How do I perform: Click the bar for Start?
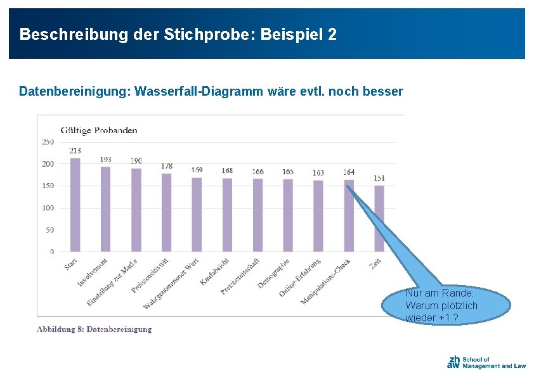click(x=75, y=205)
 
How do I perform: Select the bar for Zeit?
click(x=379, y=219)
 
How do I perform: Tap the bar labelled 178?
click(x=167, y=213)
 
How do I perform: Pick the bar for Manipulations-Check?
click(x=349, y=215)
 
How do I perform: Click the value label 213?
click(x=75, y=151)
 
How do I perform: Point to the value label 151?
click(x=379, y=178)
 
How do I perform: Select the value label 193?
click(x=105, y=160)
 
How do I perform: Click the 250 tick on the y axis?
click(x=48, y=142)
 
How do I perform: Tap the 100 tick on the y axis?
click(x=48, y=208)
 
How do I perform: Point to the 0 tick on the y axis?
click(x=52, y=252)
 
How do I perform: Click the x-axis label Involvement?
click(x=93, y=272)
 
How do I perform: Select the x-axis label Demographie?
click(x=273, y=273)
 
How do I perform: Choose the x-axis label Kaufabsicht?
click(x=214, y=272)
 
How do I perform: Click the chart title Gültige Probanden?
click(x=99, y=131)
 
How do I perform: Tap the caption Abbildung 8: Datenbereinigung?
click(x=94, y=329)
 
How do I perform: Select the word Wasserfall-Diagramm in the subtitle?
click(x=199, y=91)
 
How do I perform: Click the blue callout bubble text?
click(x=441, y=305)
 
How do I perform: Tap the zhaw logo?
click(x=486, y=362)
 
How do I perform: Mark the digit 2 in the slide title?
click(x=332, y=34)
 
